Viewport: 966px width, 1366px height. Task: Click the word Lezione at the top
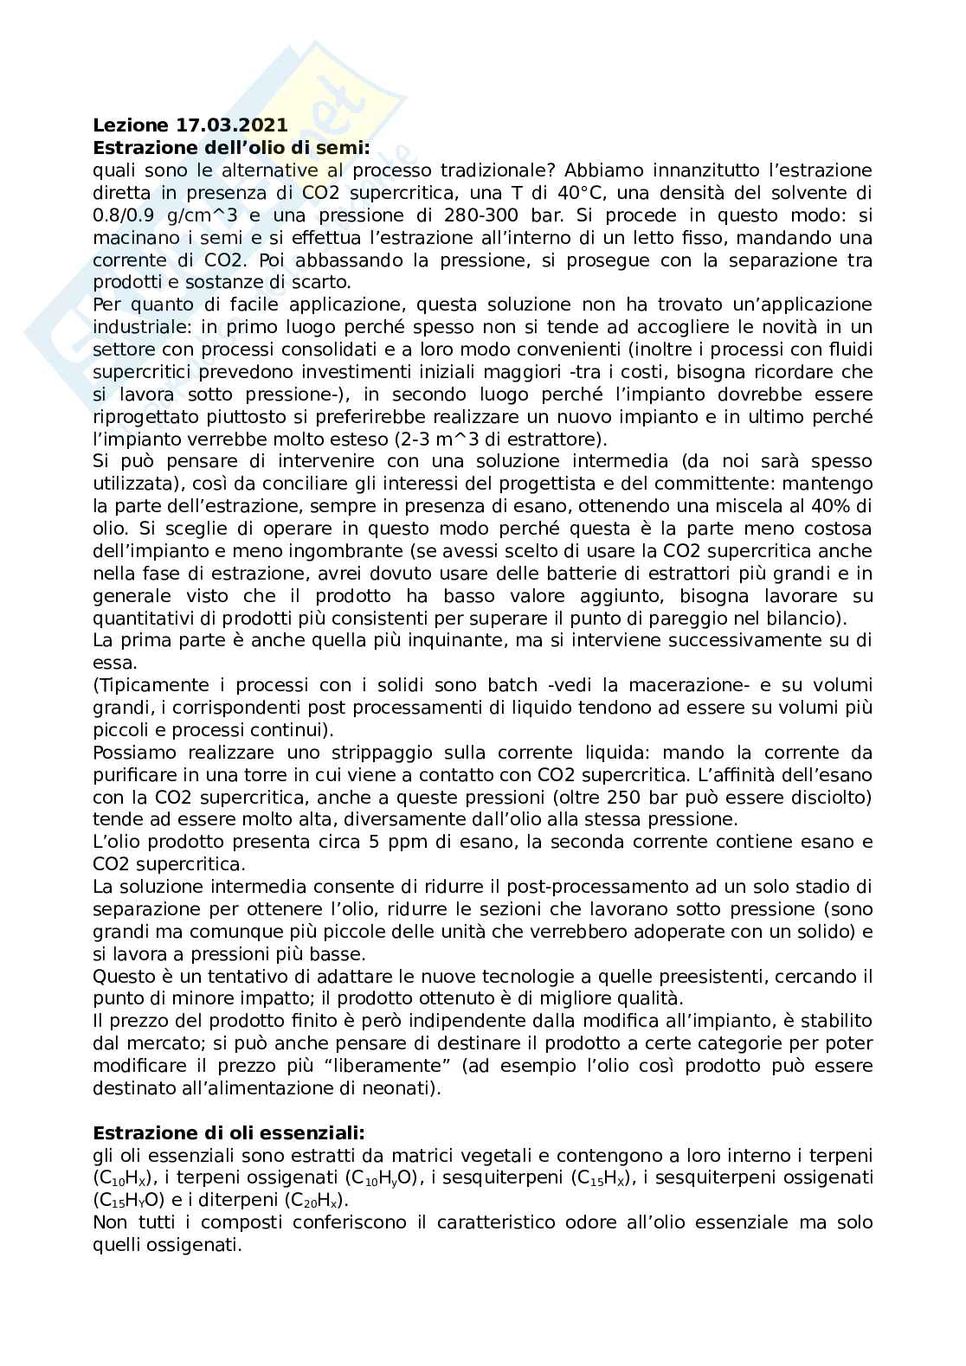pos(126,125)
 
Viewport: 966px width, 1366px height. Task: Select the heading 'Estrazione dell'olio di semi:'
pos(231,148)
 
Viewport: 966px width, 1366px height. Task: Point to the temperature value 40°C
pos(590,193)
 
